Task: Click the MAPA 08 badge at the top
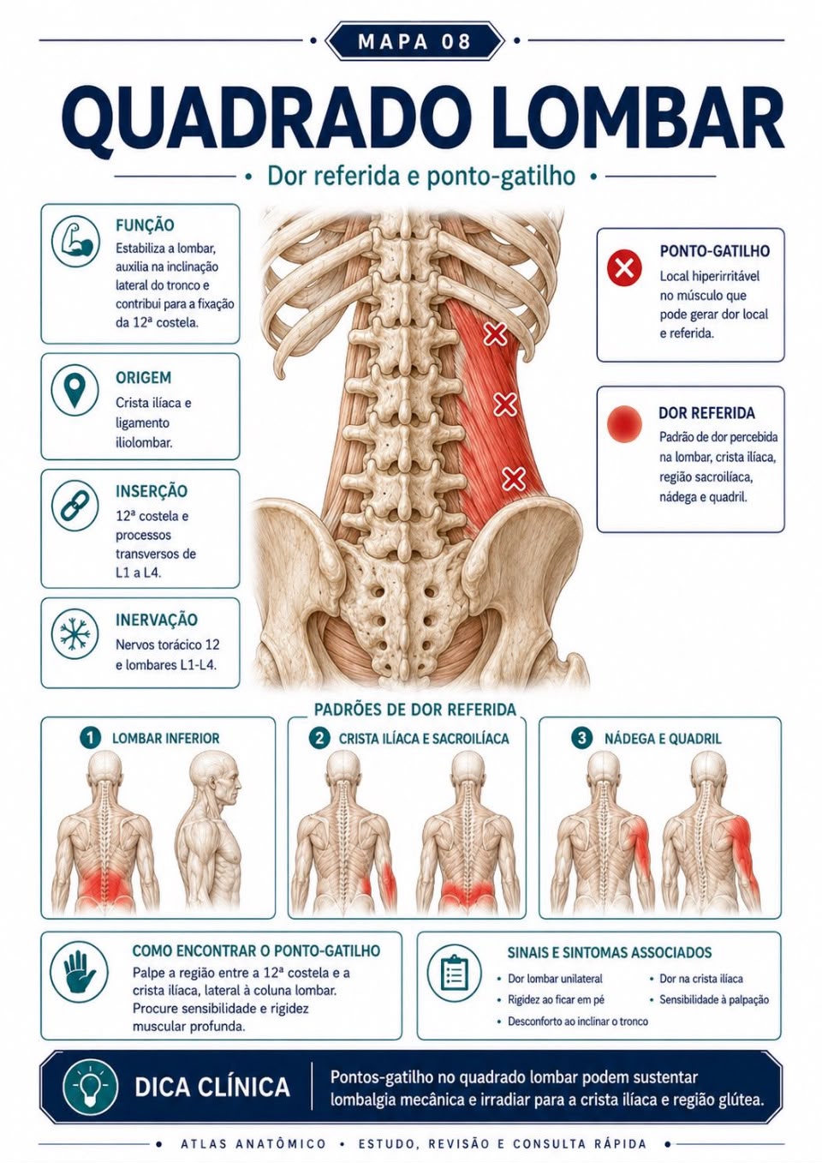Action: pyautogui.click(x=414, y=40)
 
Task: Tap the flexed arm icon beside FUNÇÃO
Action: pyautogui.click(x=76, y=242)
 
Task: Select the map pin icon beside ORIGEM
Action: pyautogui.click(x=75, y=391)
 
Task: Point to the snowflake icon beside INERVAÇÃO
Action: pyautogui.click(x=75, y=634)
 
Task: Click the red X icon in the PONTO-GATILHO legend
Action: pyautogui.click(x=624, y=268)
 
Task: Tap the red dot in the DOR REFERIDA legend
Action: pyautogui.click(x=624, y=423)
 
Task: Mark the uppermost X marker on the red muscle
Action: pyautogui.click(x=495, y=333)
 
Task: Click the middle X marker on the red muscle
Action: pyautogui.click(x=505, y=405)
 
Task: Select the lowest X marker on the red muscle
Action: pyautogui.click(x=514, y=478)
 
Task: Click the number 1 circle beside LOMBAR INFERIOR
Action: pyautogui.click(x=90, y=738)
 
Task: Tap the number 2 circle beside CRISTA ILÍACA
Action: pyautogui.click(x=319, y=738)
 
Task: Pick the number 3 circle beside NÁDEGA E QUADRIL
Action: pyautogui.click(x=581, y=738)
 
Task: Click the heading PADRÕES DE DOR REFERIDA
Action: pyautogui.click(x=415, y=710)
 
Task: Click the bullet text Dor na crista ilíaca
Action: pyautogui.click(x=700, y=979)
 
